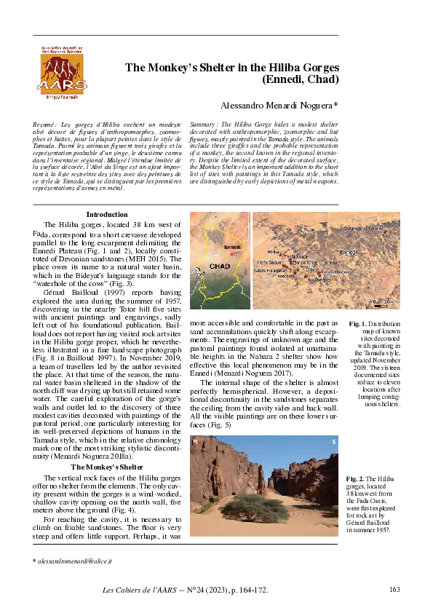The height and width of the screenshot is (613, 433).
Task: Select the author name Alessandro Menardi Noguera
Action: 279,106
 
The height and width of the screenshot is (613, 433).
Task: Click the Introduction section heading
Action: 107,215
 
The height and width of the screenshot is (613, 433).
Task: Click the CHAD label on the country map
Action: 219,267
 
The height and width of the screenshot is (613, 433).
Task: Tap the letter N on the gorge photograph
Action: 195,442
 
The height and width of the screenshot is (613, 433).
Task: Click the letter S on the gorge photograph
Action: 333,442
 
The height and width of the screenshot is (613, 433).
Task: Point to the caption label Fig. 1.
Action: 358,323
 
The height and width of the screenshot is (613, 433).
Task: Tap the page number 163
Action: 395,590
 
